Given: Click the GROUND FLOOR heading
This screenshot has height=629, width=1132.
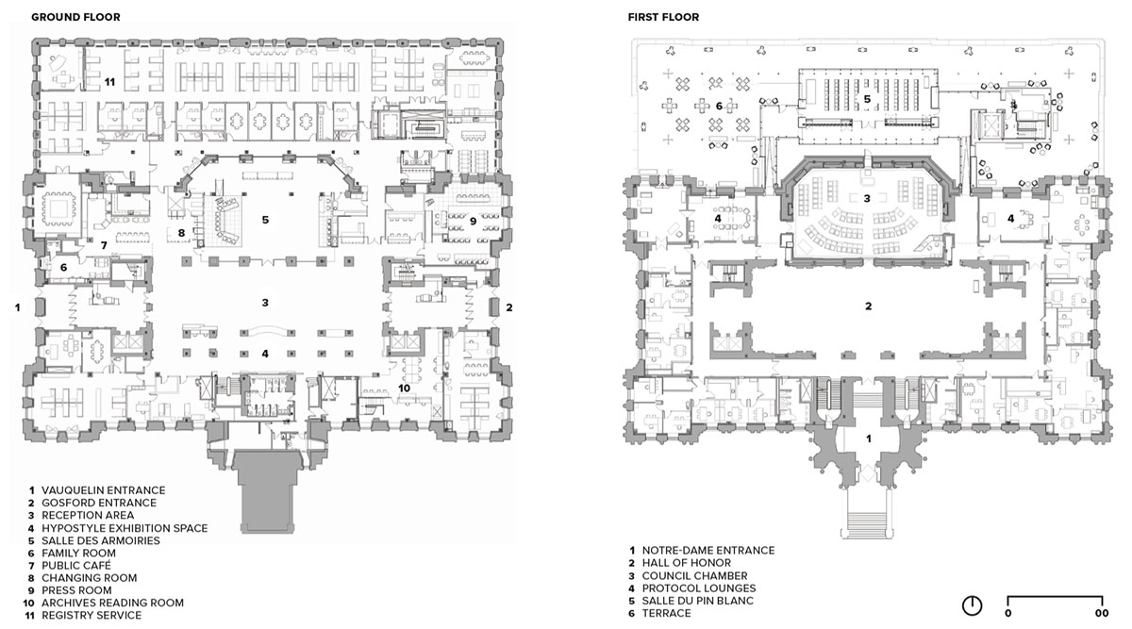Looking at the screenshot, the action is click(x=75, y=17).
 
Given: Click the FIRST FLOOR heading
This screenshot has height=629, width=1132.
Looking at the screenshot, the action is click(x=663, y=17).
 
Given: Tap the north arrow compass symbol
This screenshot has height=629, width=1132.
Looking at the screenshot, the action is click(x=972, y=605).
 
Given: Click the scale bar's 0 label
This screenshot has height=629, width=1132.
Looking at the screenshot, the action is click(x=1007, y=613).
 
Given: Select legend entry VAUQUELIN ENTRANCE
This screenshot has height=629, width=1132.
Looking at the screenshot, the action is click(x=97, y=490).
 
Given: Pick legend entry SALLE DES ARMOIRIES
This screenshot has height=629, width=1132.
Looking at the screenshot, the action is click(x=94, y=540).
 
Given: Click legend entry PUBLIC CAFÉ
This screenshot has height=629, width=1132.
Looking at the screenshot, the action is click(x=70, y=565).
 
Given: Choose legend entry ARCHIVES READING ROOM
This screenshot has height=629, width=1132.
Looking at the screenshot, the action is click(x=104, y=603).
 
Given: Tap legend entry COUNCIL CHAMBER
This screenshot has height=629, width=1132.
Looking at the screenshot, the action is click(x=688, y=576).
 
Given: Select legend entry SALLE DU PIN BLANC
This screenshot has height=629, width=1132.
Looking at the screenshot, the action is click(x=691, y=601).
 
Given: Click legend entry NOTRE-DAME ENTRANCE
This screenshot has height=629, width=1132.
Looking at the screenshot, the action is click(x=702, y=550).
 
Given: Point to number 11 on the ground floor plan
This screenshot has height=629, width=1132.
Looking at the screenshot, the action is click(x=109, y=82).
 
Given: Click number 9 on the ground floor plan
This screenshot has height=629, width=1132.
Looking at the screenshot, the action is click(x=473, y=222).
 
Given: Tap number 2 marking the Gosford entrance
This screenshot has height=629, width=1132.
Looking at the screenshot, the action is click(x=508, y=307).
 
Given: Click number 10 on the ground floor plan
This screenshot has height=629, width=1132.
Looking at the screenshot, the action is click(x=404, y=388).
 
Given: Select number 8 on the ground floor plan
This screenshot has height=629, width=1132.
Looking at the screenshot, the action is click(x=181, y=233).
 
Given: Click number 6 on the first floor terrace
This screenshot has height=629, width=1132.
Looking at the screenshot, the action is click(x=719, y=107).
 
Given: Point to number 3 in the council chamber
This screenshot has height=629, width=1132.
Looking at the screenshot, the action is click(x=867, y=199).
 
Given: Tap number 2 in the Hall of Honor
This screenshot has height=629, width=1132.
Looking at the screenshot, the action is click(x=868, y=306).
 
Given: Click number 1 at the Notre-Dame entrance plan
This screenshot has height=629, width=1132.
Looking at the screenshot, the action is click(x=869, y=439).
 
